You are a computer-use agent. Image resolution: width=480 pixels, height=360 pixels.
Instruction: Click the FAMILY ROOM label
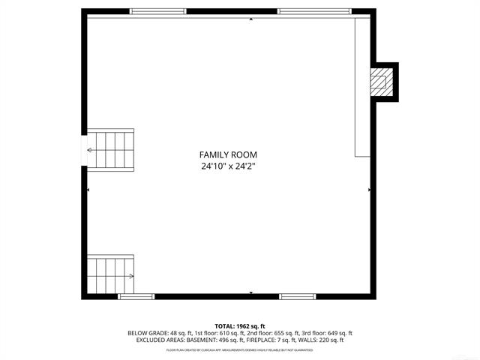click(227, 154)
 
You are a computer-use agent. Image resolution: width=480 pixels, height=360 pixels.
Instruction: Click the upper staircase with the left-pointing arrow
click(111, 149)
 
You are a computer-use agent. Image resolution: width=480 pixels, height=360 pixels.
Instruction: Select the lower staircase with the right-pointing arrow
click(111, 275)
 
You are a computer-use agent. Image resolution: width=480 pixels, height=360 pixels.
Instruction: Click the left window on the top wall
click(158, 11)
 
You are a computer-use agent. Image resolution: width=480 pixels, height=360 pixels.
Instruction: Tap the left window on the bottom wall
click(136, 297)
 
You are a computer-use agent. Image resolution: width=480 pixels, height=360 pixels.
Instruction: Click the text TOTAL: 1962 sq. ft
click(240, 326)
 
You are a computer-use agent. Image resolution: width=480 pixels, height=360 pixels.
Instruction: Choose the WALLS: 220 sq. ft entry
click(320, 340)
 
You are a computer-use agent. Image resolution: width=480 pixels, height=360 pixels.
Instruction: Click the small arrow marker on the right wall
click(369, 190)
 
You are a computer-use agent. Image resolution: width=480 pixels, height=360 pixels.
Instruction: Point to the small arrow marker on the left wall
click(88, 190)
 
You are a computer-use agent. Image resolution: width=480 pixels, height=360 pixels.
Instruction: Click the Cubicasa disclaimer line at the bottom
click(240, 350)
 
